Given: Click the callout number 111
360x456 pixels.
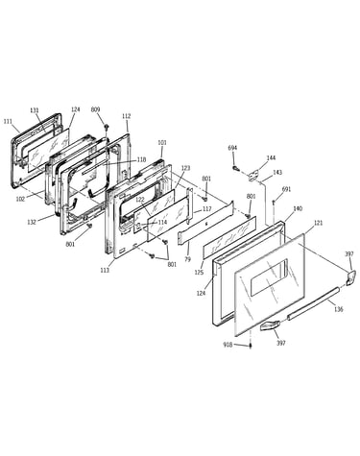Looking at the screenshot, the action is [8, 121].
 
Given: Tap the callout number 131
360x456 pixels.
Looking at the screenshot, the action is [35, 110].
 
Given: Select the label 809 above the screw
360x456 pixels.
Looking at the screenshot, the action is [95, 109].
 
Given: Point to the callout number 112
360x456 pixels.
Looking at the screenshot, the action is [127, 116].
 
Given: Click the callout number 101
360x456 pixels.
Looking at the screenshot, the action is [162, 143].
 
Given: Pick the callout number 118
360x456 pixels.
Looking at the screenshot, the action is [141, 159].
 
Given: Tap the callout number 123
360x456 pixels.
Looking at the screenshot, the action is [185, 168].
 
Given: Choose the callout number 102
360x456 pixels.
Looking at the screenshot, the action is [20, 199].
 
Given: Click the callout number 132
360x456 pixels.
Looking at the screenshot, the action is [32, 222].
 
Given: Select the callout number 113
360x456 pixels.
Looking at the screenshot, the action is [105, 271].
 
